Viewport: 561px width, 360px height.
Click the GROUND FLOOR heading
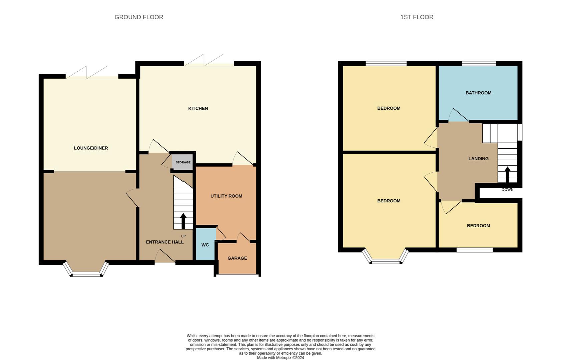click(x=139, y=17)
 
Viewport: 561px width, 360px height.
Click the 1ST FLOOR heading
click(x=417, y=17)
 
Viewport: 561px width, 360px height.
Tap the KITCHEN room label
click(x=198, y=108)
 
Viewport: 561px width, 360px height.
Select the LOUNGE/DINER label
click(x=91, y=148)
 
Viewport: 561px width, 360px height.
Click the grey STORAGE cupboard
click(x=182, y=162)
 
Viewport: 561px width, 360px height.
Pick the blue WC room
click(x=205, y=244)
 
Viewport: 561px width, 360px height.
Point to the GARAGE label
click(x=237, y=258)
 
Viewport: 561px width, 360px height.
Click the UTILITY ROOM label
click(x=226, y=196)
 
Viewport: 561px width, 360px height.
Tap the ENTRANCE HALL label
click(x=165, y=242)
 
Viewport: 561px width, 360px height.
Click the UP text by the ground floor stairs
click(x=183, y=236)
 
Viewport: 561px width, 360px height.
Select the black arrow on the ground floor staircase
click(x=183, y=221)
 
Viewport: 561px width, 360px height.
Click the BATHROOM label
click(x=478, y=93)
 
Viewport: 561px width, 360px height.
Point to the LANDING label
click(x=478, y=158)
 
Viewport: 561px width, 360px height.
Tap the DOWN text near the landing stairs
click(x=507, y=190)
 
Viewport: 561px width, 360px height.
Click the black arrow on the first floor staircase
click(x=507, y=174)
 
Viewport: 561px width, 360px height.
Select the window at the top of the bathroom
click(x=479, y=64)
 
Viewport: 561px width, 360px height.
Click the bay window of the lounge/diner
click(x=86, y=269)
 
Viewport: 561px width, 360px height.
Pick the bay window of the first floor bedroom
click(x=386, y=256)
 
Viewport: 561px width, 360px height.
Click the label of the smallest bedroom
click(x=478, y=226)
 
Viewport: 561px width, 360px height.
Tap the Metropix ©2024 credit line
click(x=280, y=358)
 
